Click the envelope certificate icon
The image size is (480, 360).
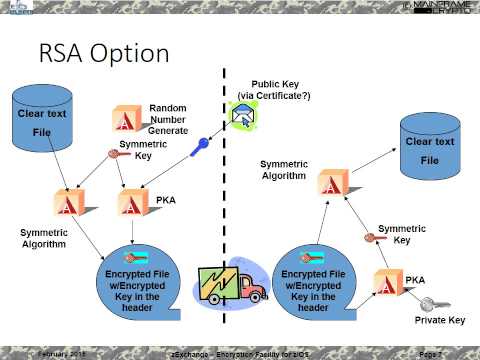point(242,118)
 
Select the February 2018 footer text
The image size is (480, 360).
point(60,354)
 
